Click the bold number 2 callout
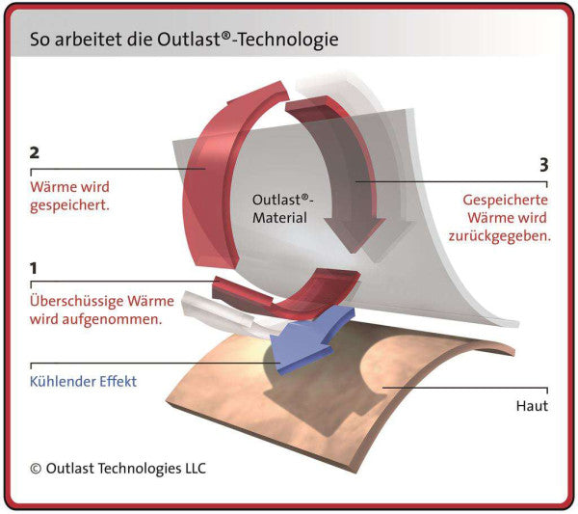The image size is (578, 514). [35, 152]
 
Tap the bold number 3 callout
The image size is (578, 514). [543, 165]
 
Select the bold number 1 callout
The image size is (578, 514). [34, 268]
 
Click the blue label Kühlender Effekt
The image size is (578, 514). [83, 381]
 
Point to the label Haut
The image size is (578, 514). [532, 406]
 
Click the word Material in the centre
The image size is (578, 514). [279, 218]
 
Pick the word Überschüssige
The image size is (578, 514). [76, 301]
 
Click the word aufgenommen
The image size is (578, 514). [112, 319]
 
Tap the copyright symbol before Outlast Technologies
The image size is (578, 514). [36, 469]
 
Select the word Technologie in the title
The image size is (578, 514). [288, 40]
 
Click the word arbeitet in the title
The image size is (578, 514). [89, 40]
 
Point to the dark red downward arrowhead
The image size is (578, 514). [355, 233]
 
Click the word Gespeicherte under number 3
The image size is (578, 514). [505, 201]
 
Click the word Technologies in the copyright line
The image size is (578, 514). [139, 470]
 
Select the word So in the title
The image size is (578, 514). [40, 40]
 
